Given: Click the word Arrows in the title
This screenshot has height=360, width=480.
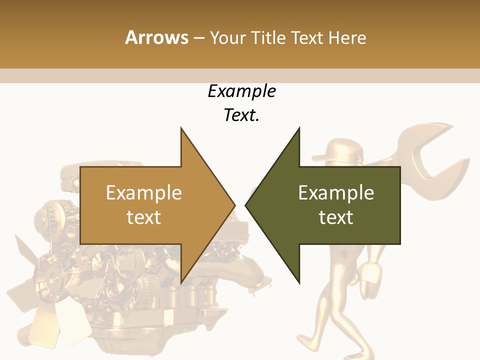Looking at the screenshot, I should (156, 37).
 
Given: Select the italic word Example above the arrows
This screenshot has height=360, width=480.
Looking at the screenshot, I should (241, 91).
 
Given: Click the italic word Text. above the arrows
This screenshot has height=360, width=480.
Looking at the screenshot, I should (241, 115).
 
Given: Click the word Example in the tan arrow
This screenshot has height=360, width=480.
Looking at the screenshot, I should (144, 193).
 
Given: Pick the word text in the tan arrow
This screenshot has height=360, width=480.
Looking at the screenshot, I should (144, 217).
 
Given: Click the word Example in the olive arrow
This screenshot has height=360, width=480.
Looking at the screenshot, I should (336, 193).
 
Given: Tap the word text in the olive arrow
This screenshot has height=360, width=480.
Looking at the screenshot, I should (336, 217).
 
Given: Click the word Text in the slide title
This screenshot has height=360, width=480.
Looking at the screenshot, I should (307, 37).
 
